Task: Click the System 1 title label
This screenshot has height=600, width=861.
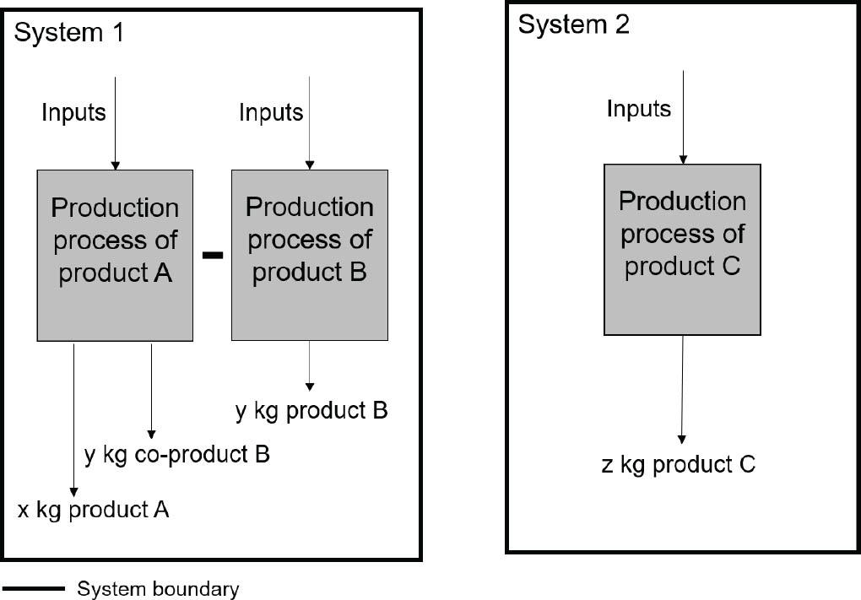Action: (x=70, y=34)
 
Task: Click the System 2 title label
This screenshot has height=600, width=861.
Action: (x=573, y=24)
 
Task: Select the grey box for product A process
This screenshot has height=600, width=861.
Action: (x=115, y=255)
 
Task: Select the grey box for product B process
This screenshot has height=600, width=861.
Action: (x=310, y=255)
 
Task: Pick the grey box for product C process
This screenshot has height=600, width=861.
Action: (x=682, y=250)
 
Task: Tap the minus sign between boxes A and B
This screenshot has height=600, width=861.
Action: (x=213, y=255)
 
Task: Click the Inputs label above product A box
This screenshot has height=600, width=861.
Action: (x=74, y=112)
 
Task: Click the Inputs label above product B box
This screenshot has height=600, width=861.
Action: (x=271, y=112)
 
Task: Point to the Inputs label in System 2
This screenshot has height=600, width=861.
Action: (x=639, y=109)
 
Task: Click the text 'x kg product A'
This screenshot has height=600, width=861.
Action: (x=94, y=510)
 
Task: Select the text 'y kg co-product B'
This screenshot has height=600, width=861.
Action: (x=177, y=455)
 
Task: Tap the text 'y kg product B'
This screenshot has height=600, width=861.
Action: (x=311, y=411)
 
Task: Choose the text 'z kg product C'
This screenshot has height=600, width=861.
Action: (x=678, y=464)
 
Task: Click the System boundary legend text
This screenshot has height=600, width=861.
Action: (x=158, y=588)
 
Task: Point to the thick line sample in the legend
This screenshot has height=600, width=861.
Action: (x=34, y=588)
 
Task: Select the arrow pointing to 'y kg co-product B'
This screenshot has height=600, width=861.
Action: (x=152, y=388)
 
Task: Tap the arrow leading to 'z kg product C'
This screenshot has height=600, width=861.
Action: (x=682, y=388)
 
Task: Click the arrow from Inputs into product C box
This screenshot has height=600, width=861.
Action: (x=683, y=118)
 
